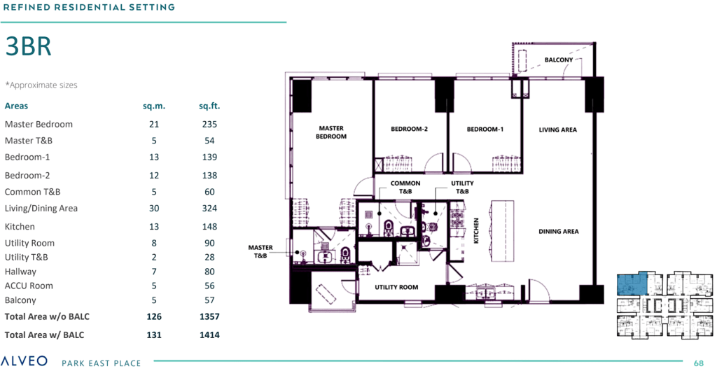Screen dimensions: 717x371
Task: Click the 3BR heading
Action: [x=28, y=47]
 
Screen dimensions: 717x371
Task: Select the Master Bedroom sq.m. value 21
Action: [x=154, y=125]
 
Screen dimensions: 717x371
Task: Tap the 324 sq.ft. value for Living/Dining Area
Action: [x=209, y=209]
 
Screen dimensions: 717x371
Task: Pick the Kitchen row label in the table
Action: [x=20, y=227]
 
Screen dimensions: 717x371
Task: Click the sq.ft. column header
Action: [x=209, y=106]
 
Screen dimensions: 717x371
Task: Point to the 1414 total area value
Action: [x=209, y=335]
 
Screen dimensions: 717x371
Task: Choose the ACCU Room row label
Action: [x=29, y=286]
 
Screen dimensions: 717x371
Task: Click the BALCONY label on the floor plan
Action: [x=559, y=60]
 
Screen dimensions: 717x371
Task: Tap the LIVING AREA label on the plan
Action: [x=558, y=129]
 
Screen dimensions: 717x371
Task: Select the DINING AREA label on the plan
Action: [x=558, y=232]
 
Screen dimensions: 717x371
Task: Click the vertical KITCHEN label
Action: [x=476, y=230]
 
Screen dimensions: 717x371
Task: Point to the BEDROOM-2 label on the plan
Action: [x=409, y=129]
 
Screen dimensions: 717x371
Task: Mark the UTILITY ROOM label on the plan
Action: [x=396, y=288]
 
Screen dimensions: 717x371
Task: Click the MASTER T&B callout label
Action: [x=260, y=252]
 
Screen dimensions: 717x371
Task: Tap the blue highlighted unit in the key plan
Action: [x=632, y=284]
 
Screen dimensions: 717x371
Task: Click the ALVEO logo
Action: [x=24, y=361]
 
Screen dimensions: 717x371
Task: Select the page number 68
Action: [x=698, y=363]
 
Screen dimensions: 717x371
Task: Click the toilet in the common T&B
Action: [x=389, y=227]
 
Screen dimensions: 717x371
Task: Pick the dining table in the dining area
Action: [x=502, y=231]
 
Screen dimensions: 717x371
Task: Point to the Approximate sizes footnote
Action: [x=41, y=85]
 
